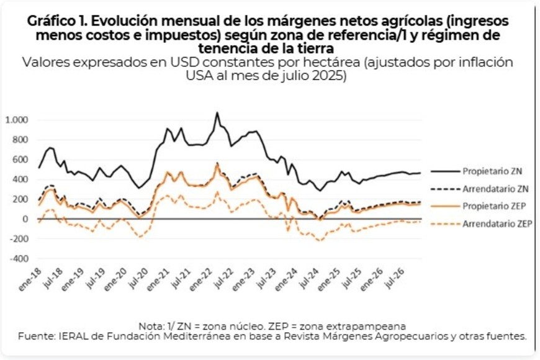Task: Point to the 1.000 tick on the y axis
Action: (x=17, y=120)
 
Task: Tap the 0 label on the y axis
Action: (x=26, y=219)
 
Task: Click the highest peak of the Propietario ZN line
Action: (x=217, y=113)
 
